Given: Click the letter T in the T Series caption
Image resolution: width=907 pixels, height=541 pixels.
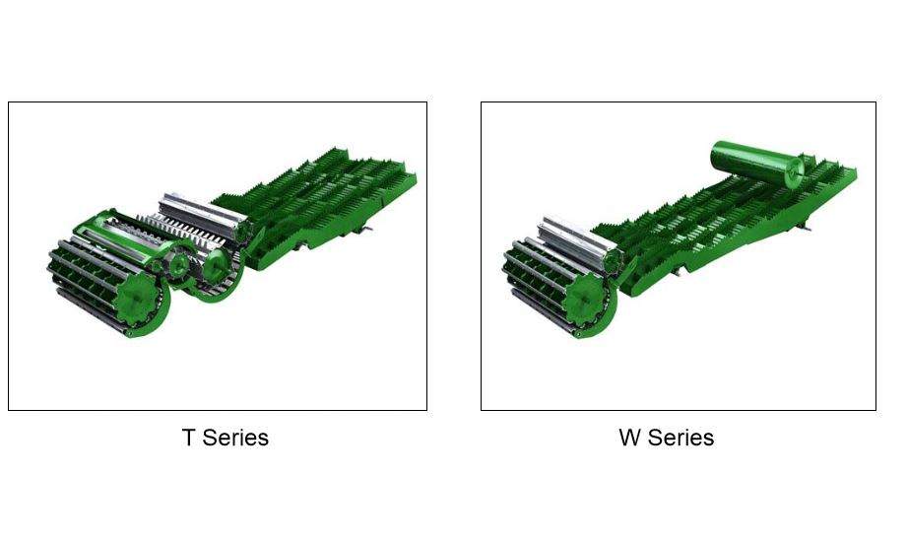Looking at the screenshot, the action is tap(188, 438).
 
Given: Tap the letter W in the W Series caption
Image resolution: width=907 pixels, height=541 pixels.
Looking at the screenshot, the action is tap(630, 438).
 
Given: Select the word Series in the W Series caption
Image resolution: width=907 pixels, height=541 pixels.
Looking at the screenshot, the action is tap(680, 438).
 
